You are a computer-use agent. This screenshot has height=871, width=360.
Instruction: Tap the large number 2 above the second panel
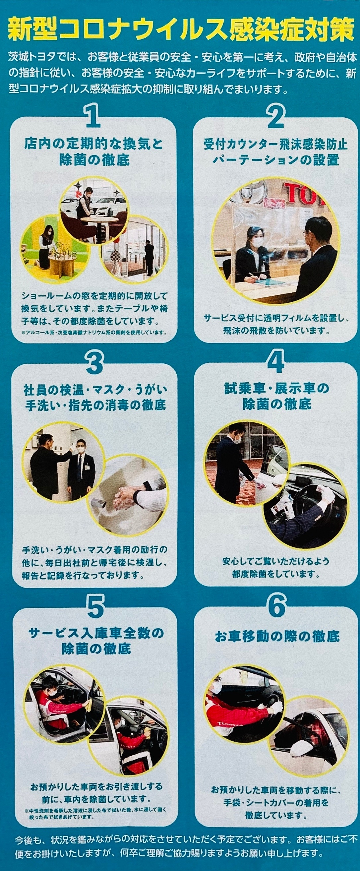[x=276, y=116]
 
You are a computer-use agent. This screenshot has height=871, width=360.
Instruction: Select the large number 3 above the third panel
[x=95, y=362]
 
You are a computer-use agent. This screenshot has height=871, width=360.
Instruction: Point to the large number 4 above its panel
[x=276, y=361]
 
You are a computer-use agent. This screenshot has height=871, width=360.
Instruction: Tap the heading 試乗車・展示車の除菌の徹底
[x=276, y=396]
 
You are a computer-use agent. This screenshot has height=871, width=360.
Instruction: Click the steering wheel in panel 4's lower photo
[x=306, y=499]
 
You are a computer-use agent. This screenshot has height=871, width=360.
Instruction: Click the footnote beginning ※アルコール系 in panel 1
[x=94, y=332]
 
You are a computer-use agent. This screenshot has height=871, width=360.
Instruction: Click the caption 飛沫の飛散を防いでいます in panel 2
[x=276, y=331]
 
